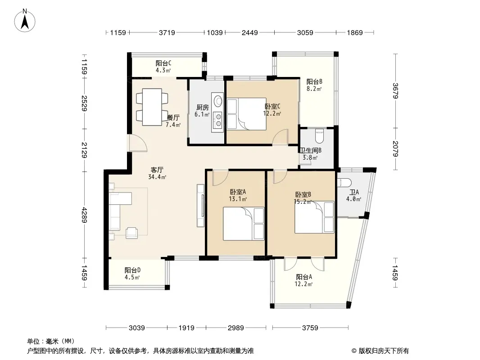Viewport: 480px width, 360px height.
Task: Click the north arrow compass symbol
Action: (25, 21)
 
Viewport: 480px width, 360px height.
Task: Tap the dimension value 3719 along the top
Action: (167, 32)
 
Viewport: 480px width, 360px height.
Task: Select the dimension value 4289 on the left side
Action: (84, 215)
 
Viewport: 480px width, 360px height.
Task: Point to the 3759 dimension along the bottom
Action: (310, 328)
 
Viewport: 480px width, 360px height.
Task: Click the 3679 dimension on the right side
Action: (395, 91)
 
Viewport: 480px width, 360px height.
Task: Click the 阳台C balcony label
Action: (163, 63)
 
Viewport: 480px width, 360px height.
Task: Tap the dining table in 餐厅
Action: (152, 107)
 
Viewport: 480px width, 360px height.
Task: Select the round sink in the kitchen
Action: (218, 101)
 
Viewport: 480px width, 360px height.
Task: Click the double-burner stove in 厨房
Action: (218, 120)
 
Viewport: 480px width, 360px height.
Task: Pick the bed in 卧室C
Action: (247, 114)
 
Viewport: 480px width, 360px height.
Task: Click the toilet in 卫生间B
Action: (319, 136)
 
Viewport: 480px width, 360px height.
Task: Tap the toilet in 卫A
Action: (343, 183)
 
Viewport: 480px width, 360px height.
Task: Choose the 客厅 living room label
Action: (157, 170)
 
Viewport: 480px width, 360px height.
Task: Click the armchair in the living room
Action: (131, 233)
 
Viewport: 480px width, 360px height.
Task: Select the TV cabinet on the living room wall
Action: (200, 206)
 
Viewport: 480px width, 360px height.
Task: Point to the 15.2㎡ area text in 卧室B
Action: (303, 202)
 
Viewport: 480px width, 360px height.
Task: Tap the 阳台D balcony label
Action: (132, 270)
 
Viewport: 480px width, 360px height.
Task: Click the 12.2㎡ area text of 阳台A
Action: (303, 284)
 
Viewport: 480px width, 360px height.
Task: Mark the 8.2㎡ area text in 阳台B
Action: (314, 89)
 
